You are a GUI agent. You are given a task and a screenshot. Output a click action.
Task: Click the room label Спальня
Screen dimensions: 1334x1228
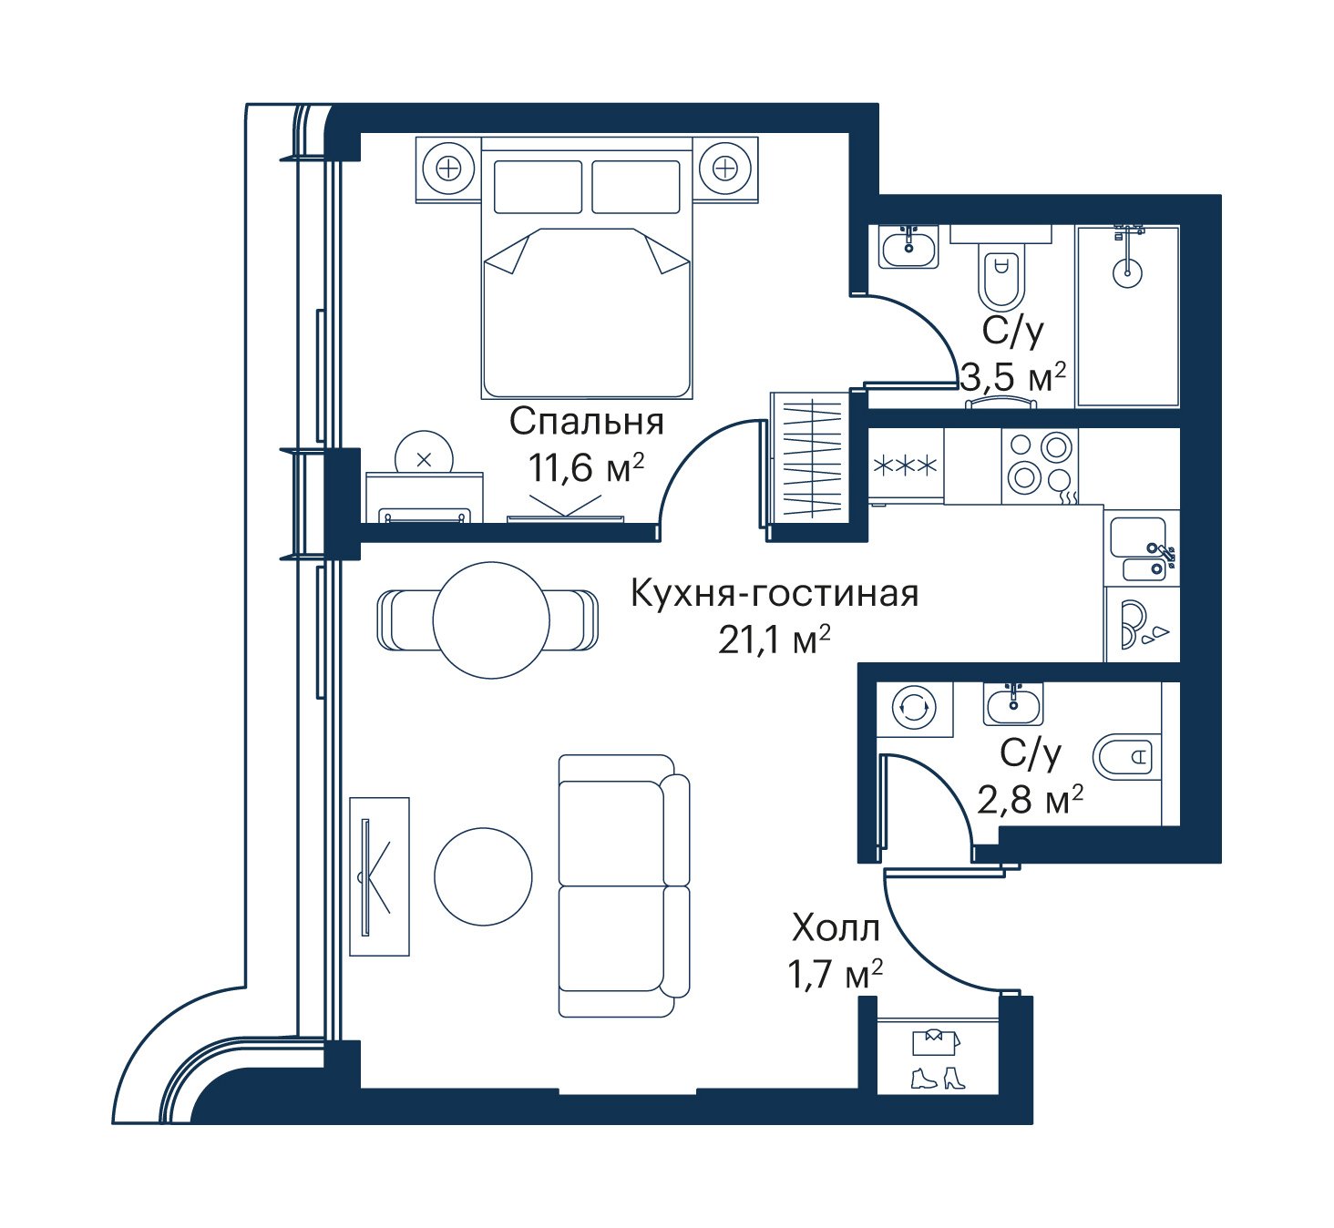click(587, 422)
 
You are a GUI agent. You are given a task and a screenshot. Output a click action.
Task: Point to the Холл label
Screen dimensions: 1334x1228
click(836, 928)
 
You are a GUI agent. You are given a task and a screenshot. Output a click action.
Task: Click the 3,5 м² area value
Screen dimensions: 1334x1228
click(1013, 377)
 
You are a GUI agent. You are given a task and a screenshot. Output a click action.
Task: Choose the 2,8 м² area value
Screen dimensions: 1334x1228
click(1030, 799)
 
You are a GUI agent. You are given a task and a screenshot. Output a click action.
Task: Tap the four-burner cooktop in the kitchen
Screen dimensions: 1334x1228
click(1040, 466)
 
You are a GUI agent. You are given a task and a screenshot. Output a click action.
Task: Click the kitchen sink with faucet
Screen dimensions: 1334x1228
click(1141, 547)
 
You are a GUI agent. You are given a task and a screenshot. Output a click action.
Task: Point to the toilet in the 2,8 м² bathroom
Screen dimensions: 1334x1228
click(1124, 757)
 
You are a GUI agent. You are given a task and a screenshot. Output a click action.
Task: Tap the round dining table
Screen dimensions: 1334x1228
click(491, 620)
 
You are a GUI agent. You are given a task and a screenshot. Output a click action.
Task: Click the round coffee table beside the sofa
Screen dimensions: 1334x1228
click(484, 876)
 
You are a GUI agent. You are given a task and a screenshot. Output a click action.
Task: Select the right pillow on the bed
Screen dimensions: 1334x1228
click(636, 187)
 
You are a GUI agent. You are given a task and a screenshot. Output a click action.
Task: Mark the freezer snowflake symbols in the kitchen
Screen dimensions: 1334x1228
click(905, 466)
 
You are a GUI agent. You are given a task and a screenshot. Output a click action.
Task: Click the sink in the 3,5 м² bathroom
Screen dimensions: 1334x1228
click(908, 247)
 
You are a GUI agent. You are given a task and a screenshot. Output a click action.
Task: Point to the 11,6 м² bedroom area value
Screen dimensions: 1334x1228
click(586, 467)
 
